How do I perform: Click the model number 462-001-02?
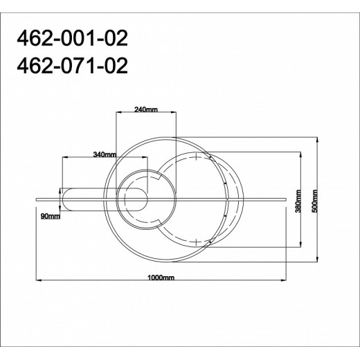68,37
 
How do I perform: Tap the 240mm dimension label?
146,111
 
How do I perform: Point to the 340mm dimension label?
104,155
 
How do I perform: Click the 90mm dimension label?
51,217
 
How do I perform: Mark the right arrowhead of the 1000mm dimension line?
286,281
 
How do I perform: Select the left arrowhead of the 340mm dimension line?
64,159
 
